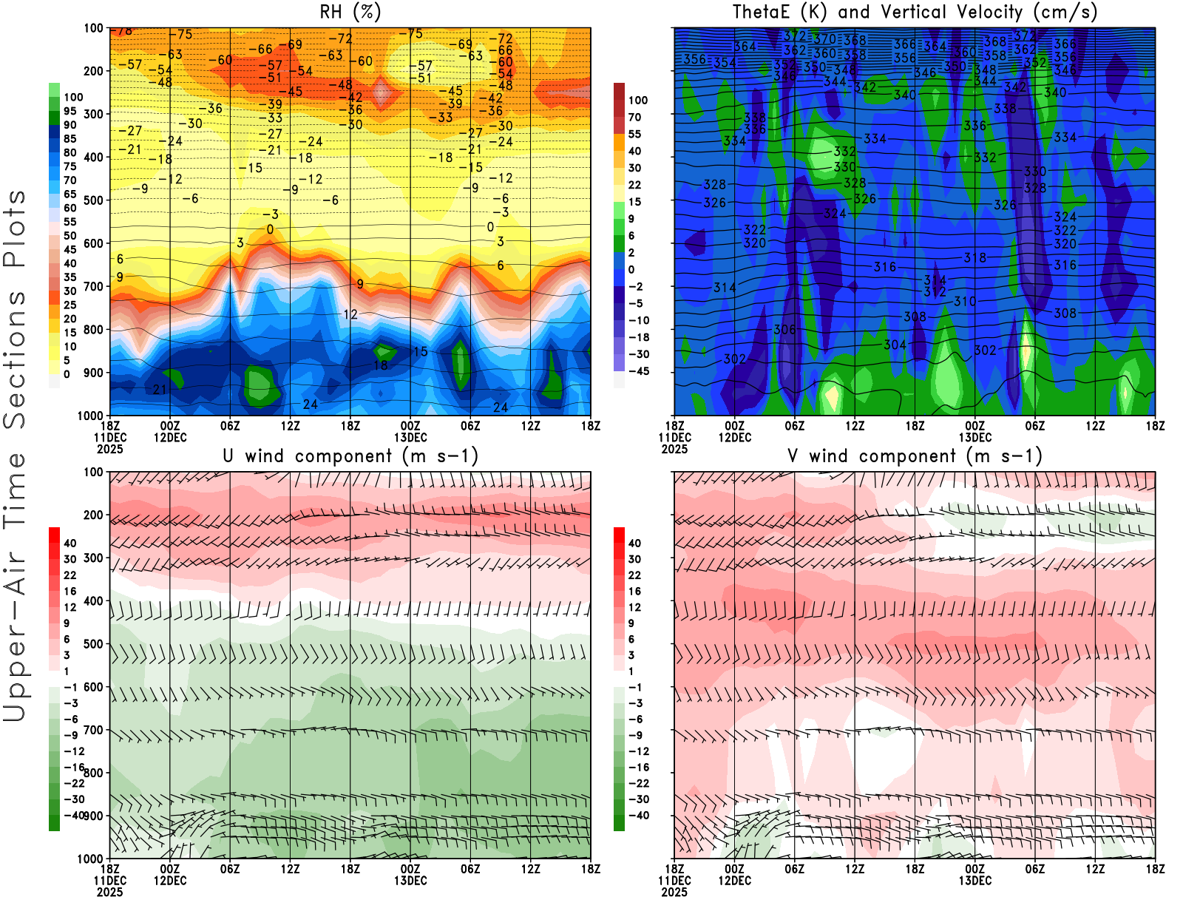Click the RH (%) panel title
coord(350,13)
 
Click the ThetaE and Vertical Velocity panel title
coord(915,13)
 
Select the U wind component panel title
coord(350,456)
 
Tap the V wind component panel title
coord(915,456)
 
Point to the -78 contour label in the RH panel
coord(122,31)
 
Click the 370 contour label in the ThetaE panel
coord(824,39)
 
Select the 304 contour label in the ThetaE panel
coord(895,345)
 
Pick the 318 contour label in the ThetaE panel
coord(974,258)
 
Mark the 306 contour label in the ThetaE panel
coord(784,330)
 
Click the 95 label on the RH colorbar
coord(70,111)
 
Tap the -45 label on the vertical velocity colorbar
coord(638,371)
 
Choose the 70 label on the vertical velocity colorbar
coord(634,117)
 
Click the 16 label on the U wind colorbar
coord(70,591)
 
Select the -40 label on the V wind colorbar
coord(638,816)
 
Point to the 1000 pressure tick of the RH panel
coord(90,416)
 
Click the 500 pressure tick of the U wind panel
coord(93,644)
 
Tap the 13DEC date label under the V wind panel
coord(974,881)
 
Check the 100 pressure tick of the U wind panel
coord(93,472)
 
